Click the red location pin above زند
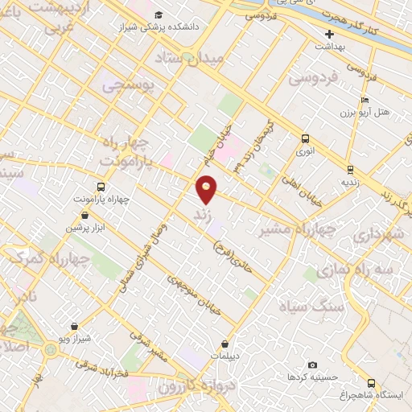(x=207, y=188)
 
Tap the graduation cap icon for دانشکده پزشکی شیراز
(x=159, y=15)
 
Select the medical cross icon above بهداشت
(x=329, y=34)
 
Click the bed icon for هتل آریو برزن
(x=365, y=100)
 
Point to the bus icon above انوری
(x=305, y=138)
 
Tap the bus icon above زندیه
(x=349, y=169)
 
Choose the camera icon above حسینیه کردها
(x=313, y=365)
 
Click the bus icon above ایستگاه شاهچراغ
(x=371, y=384)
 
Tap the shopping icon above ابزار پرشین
(x=85, y=215)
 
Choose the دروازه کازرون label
(x=187, y=386)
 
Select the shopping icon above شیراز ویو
(x=75, y=327)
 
